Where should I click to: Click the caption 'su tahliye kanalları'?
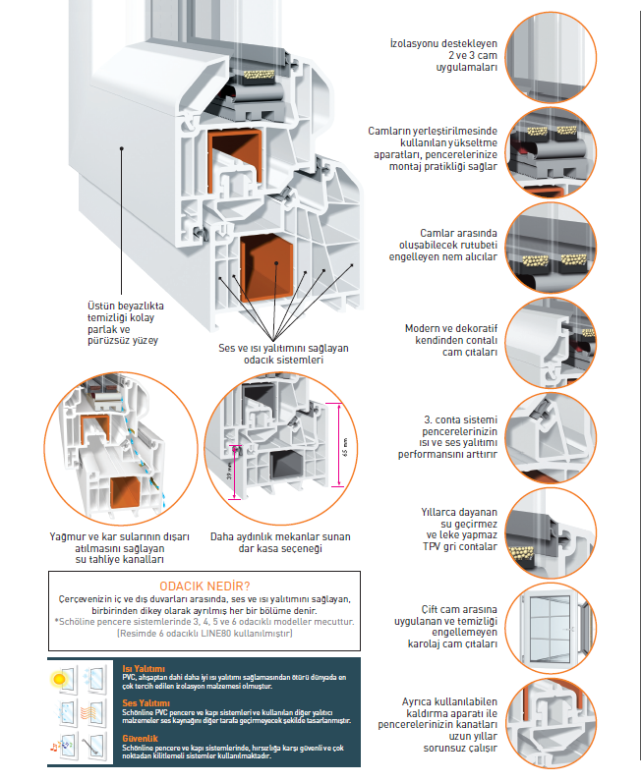(120, 559)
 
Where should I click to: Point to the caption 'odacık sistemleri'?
(283, 361)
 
